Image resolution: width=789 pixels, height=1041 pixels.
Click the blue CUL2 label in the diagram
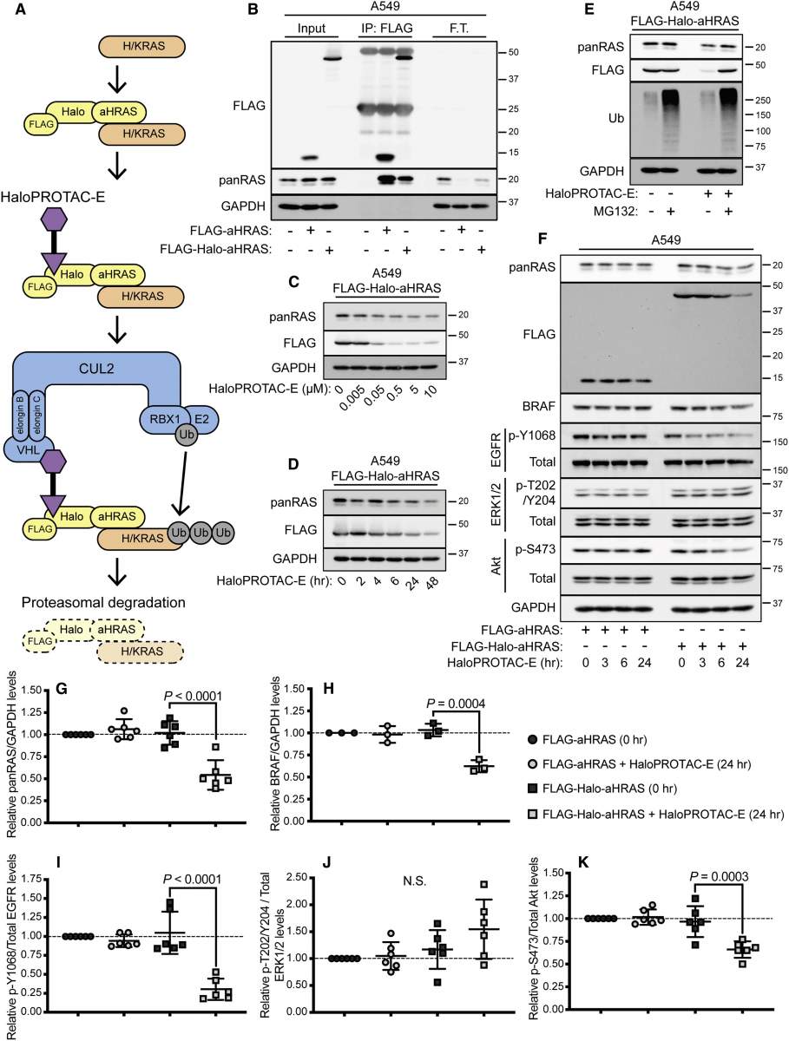point(96,369)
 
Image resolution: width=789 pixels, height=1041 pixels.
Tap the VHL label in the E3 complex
point(28,449)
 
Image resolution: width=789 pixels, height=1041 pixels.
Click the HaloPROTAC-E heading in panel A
point(53,197)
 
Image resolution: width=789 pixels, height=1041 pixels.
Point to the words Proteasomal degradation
point(103,602)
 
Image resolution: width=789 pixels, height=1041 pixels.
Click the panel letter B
point(253,10)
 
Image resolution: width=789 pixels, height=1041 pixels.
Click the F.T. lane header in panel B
point(459,29)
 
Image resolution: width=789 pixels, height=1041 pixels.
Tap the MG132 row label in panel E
point(615,211)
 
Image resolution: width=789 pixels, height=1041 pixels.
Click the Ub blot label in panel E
point(615,118)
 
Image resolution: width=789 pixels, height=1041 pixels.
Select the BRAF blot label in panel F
point(539,407)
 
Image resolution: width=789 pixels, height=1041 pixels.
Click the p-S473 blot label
point(536,550)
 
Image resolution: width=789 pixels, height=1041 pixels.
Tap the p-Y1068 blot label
point(532,435)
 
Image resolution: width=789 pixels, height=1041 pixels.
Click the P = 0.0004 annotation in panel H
point(456,704)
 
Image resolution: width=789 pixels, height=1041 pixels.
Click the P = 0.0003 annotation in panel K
point(719,876)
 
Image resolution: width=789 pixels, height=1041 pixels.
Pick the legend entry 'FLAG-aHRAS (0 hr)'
point(588,739)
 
